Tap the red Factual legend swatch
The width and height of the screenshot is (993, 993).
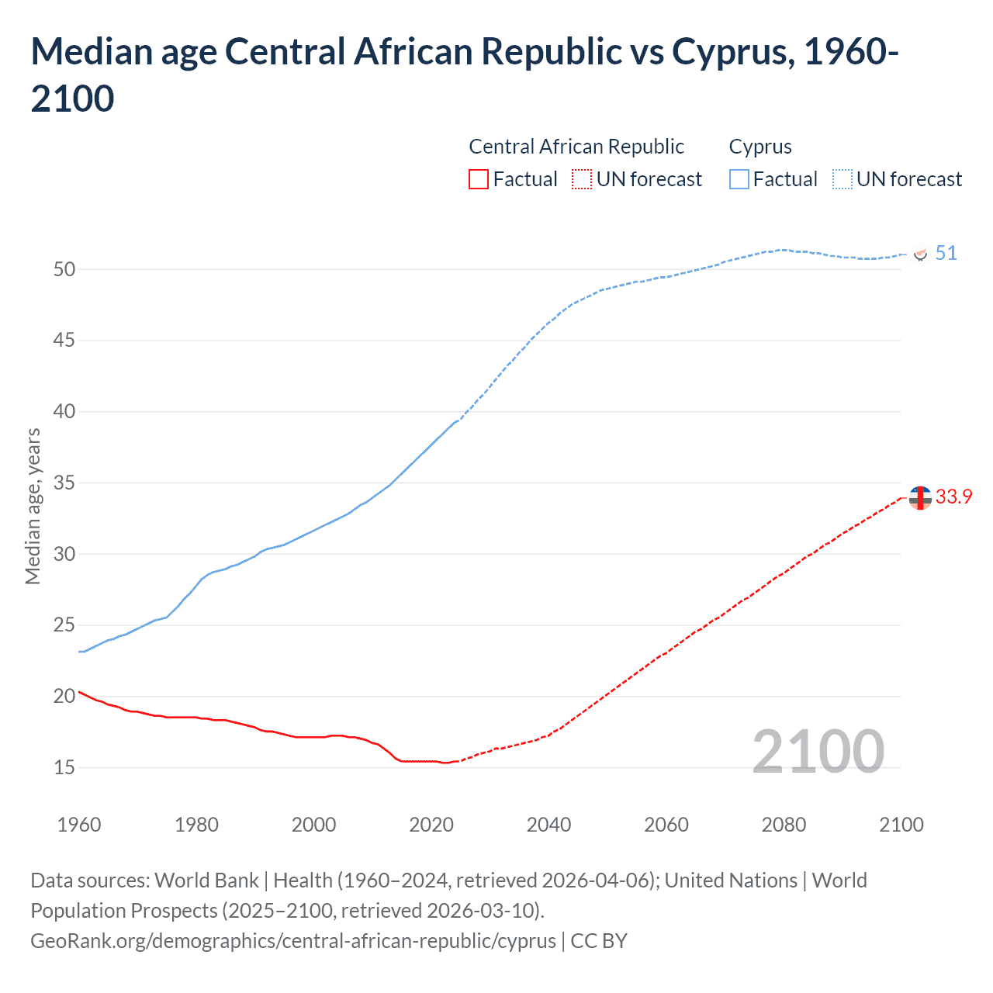coord(479,179)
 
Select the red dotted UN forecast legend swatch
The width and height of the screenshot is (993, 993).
coord(582,179)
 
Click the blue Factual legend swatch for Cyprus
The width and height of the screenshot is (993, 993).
coord(739,179)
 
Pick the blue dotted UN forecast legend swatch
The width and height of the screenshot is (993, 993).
coord(842,179)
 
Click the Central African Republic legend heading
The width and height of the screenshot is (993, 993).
coord(576,147)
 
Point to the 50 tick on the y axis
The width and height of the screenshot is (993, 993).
coord(64,269)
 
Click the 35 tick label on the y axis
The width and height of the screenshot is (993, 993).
coord(64,483)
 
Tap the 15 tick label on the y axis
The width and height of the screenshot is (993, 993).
coord(64,767)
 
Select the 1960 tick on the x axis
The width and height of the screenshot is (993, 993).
coord(79,824)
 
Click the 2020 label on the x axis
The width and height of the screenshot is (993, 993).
coord(431,824)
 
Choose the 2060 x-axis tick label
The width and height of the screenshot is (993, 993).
coord(666,824)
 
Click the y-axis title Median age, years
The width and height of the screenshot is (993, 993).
coord(33,506)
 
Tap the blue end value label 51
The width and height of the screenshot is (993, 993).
coord(946,254)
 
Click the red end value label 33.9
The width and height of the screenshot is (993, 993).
coord(953,497)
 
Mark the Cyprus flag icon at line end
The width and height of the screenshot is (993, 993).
coord(921,254)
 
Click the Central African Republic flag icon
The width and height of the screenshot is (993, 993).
coord(921,498)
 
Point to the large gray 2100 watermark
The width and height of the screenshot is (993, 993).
coord(818,751)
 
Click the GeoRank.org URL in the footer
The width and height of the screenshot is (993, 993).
coord(293,941)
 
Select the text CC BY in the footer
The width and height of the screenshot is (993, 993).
coord(599,941)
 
